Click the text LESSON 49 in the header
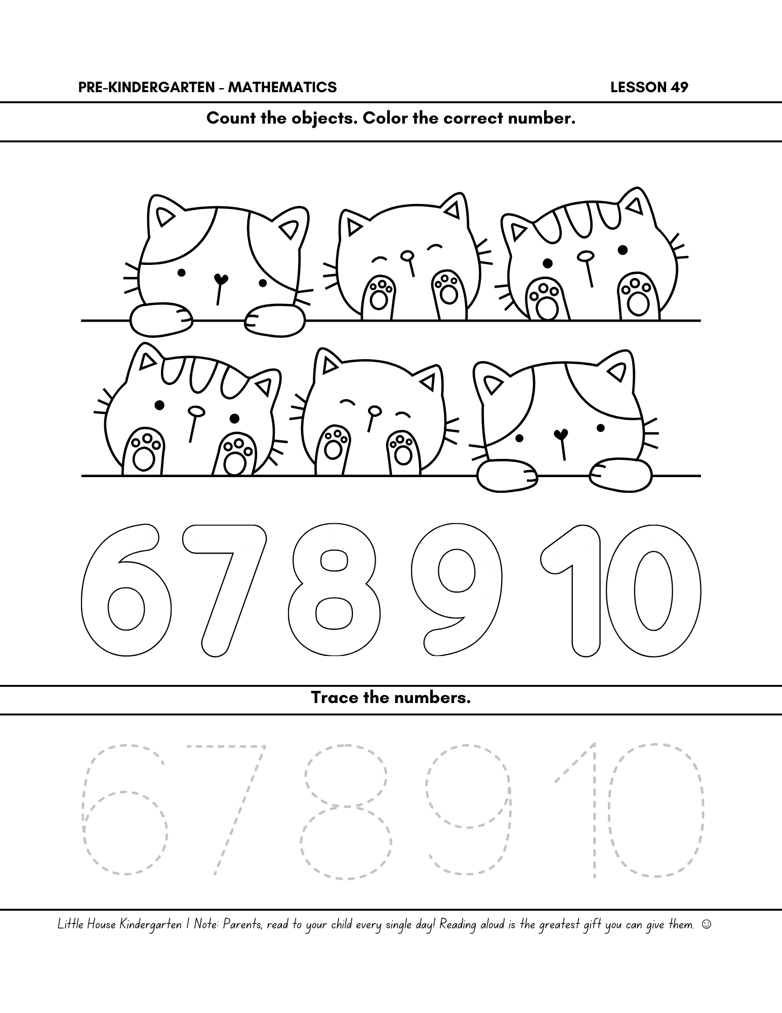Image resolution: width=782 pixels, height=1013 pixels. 649,88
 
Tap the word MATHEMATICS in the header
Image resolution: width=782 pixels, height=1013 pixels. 282,88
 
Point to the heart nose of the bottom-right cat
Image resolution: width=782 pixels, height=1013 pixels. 560,434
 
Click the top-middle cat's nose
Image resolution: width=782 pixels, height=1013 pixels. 406,255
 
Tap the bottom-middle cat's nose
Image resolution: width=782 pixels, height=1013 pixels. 375,410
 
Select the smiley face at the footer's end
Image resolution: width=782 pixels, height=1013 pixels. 707,925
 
